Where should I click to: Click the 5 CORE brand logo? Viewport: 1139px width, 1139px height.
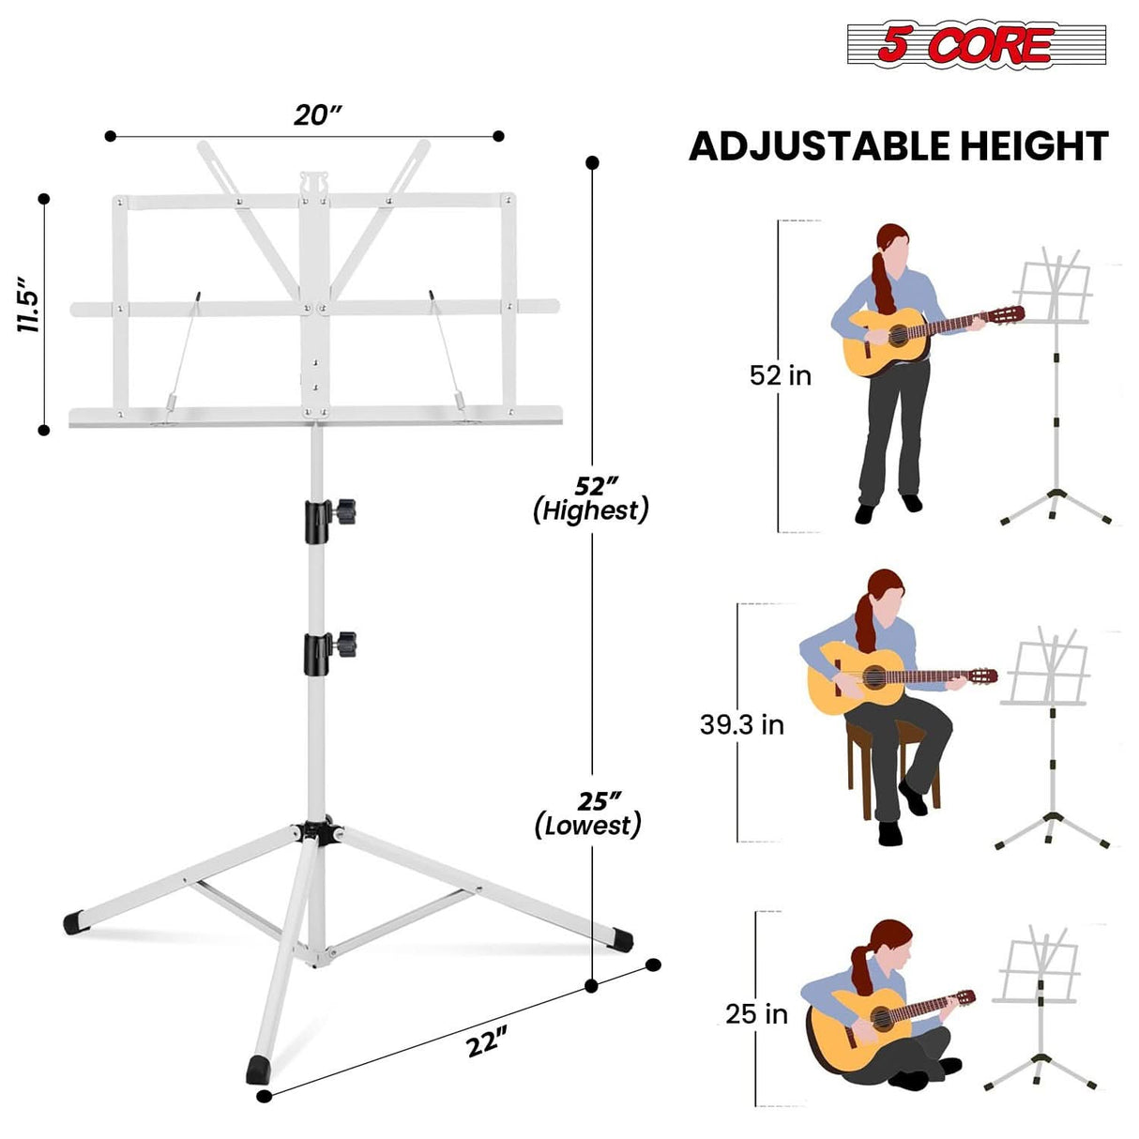point(976,44)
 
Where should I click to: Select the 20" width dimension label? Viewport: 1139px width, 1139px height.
point(317,115)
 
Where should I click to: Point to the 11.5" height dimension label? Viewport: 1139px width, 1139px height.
point(27,304)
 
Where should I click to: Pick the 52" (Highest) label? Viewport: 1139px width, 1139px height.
point(592,499)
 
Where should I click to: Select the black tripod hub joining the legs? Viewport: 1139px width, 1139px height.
point(318,832)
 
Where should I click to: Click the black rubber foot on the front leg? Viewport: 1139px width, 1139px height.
point(256,1069)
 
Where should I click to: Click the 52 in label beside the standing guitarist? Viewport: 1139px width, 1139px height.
point(780,376)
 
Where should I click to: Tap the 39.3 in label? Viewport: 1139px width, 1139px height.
point(741,725)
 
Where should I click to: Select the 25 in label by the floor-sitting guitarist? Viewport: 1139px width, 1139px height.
point(756,1014)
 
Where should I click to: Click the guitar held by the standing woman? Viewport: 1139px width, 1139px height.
point(901,339)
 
